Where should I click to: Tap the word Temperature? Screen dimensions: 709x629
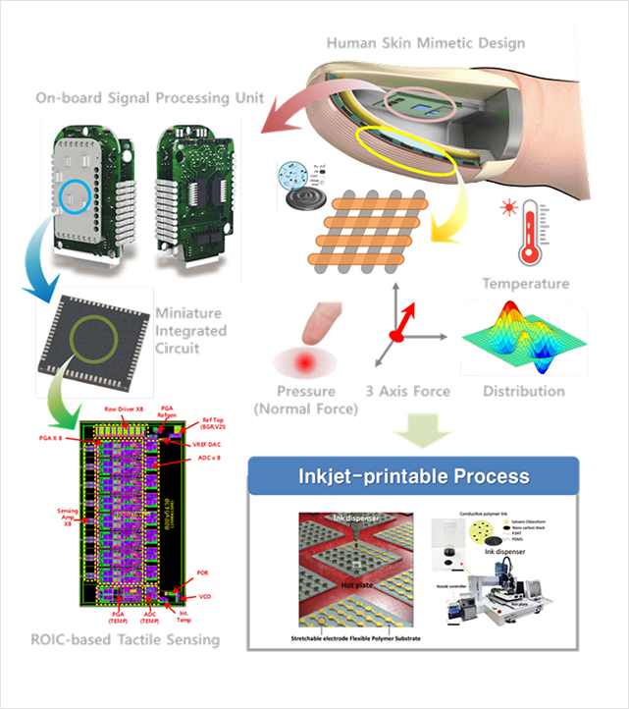[x=525, y=284]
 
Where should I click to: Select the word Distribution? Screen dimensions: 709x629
[x=525, y=391]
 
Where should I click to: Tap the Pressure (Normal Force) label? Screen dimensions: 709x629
[x=306, y=400]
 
